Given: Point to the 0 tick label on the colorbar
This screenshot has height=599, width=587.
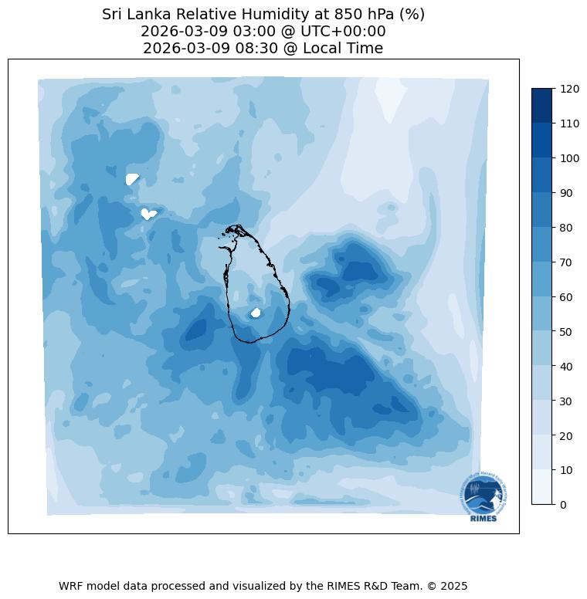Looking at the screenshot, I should click(x=563, y=505).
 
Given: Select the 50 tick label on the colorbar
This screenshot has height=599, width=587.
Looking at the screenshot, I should click(x=566, y=331).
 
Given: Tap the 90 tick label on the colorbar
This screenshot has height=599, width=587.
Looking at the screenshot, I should click(x=566, y=193).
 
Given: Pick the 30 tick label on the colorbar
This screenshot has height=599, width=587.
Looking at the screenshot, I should click(x=566, y=401).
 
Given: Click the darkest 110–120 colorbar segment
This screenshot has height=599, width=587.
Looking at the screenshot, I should click(x=542, y=106).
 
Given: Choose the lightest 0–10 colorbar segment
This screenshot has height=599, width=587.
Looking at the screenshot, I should click(x=542, y=487).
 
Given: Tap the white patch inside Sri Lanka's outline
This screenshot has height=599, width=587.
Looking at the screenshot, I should click(x=256, y=313).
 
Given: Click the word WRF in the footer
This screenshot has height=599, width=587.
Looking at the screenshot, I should click(x=71, y=586).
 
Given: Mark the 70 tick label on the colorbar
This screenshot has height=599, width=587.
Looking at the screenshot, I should click(x=566, y=262).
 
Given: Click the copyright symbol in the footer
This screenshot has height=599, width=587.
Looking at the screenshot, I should click(x=431, y=586).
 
